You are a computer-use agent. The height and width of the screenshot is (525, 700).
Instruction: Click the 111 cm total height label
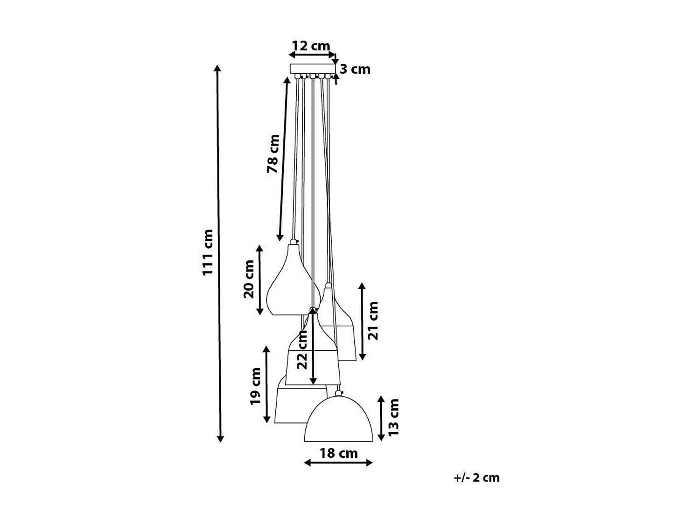pyautogui.click(x=208, y=252)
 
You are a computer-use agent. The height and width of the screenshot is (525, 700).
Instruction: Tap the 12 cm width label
pyautogui.click(x=310, y=46)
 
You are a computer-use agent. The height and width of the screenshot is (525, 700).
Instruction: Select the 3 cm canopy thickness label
pyautogui.click(x=355, y=69)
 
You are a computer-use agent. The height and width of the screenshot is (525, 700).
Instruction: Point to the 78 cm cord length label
pyautogui.click(x=273, y=154)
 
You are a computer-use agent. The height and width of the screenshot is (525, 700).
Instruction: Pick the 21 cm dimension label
pyautogui.click(x=373, y=320)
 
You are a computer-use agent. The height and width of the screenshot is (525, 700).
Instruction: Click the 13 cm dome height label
pyautogui.click(x=393, y=417)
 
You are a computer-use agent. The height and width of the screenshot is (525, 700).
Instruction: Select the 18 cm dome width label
pyautogui.click(x=338, y=453)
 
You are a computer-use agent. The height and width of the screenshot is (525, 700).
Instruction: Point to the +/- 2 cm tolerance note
pyautogui.click(x=476, y=477)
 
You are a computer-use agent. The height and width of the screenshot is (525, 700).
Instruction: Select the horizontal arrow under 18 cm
pyautogui.click(x=338, y=462)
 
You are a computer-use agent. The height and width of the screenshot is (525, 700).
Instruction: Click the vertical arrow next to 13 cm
pyautogui.click(x=381, y=418)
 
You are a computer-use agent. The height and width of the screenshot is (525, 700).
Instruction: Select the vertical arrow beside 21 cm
pyautogui.click(x=362, y=321)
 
